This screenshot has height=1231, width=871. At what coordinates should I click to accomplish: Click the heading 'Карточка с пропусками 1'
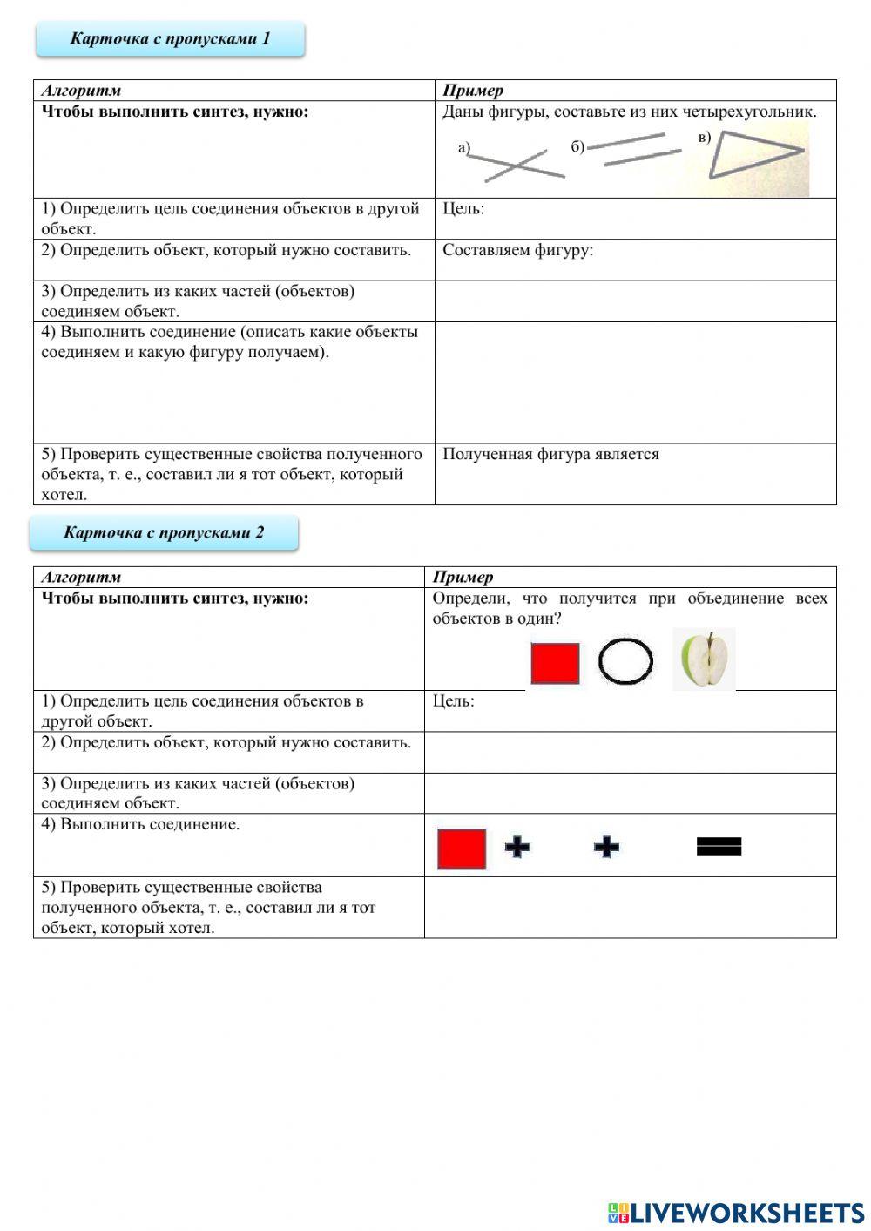170,38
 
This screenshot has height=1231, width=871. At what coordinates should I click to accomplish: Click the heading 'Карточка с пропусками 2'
164,532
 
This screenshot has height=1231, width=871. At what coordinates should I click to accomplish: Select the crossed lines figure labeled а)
517,163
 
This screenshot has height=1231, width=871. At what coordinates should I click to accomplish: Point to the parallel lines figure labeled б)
635,149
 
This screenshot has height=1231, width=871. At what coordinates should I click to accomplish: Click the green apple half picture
706,660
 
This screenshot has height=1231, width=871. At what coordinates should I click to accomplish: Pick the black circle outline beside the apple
625,661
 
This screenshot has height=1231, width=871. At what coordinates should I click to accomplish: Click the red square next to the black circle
555,663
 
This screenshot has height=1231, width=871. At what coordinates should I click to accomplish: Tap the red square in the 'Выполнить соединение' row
462,849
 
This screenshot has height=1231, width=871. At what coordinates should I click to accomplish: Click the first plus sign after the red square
517,847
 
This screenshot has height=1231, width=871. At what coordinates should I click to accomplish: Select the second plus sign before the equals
606,847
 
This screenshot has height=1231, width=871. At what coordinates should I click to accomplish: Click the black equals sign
719,846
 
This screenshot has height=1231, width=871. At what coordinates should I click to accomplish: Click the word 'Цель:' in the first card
463,208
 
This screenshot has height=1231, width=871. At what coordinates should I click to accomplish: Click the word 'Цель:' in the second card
453,700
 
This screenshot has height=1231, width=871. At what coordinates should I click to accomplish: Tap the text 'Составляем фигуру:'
517,250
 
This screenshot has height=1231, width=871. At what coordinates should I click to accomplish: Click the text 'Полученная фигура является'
550,454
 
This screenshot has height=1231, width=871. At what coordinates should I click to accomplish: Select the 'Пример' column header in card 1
473,91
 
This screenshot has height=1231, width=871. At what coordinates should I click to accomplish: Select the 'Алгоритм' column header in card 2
81,577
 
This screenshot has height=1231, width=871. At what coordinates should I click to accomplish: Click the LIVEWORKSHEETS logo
736,1212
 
